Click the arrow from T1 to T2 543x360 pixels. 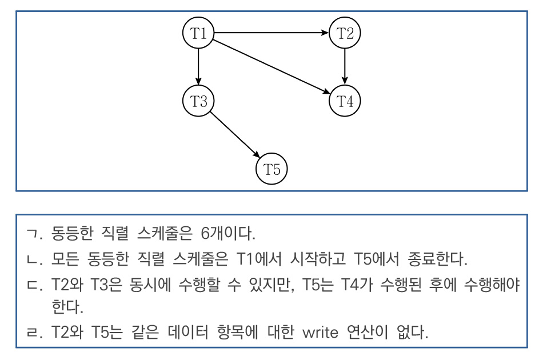(271, 33)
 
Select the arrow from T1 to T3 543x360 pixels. (198, 67)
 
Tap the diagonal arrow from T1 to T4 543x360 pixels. (271, 67)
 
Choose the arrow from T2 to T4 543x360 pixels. (345, 67)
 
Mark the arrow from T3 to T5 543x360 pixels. (235, 135)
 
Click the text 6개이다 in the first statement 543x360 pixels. (228, 233)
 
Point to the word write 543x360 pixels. (320, 333)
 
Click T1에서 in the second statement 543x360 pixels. (259, 259)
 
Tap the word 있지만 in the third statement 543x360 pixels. (271, 285)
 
